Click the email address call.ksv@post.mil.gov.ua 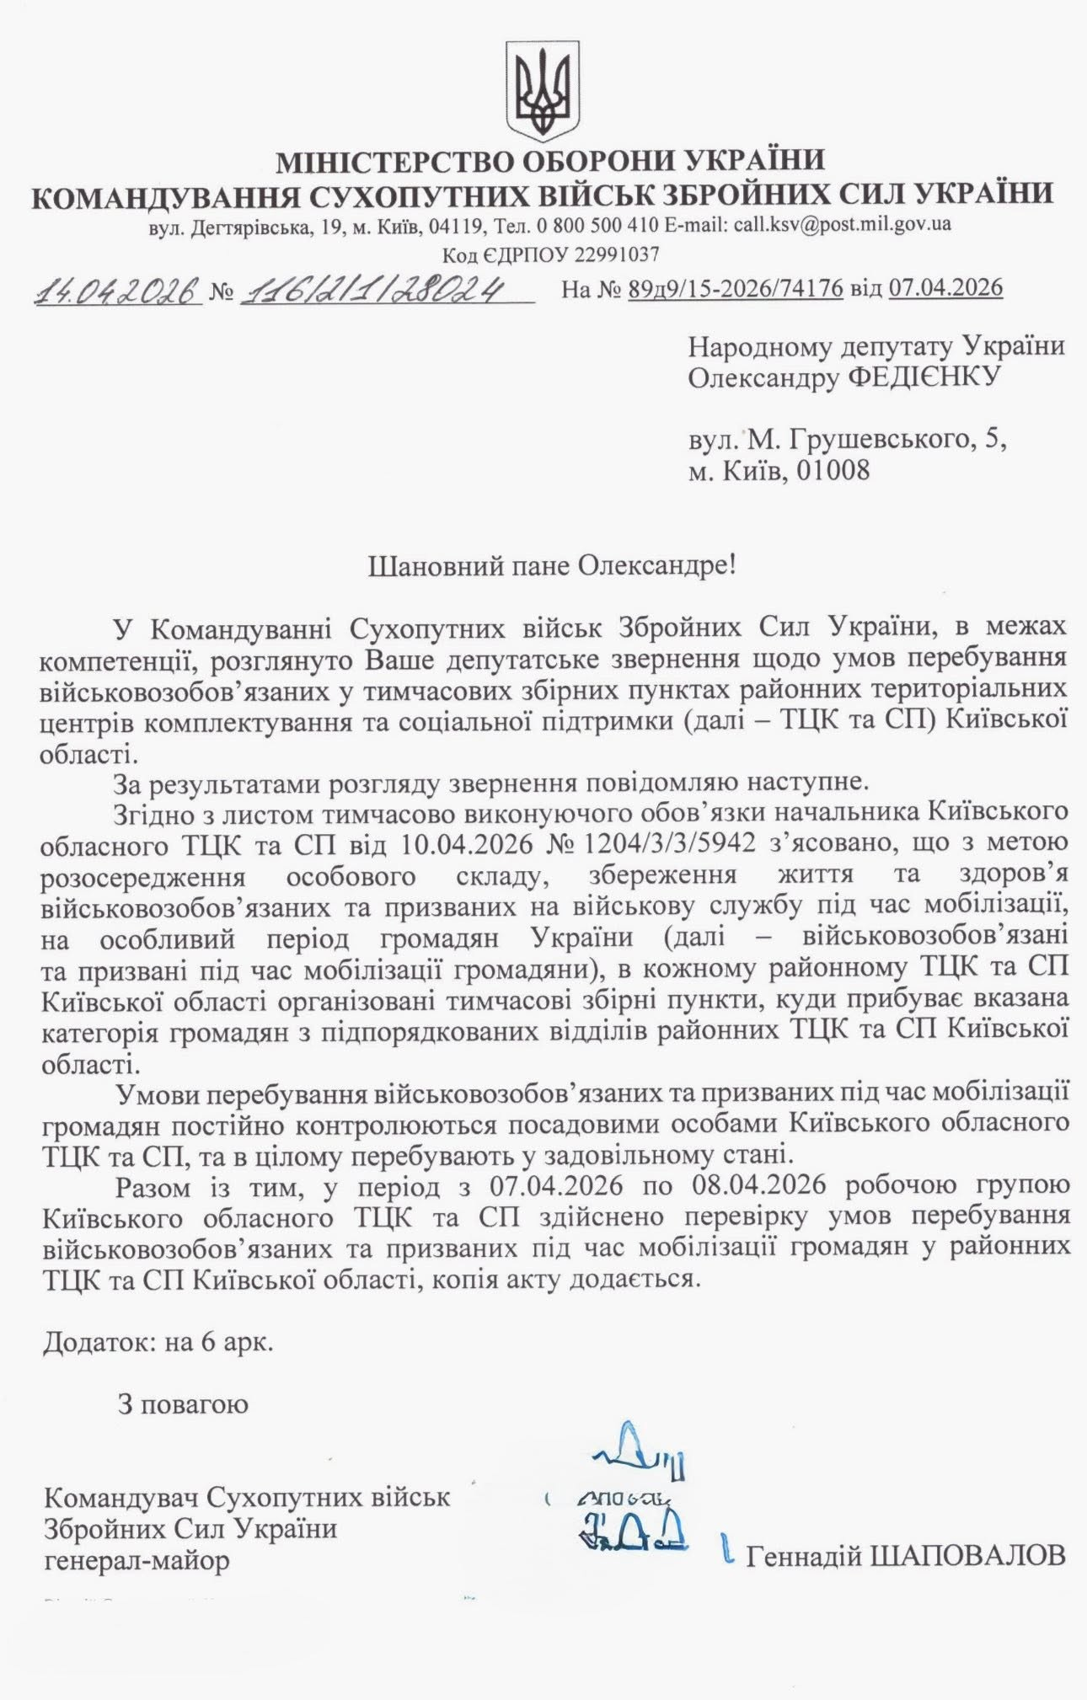(843, 225)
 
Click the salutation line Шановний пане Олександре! (552, 564)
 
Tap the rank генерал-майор (137, 1561)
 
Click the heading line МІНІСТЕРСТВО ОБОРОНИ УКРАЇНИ (551, 160)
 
